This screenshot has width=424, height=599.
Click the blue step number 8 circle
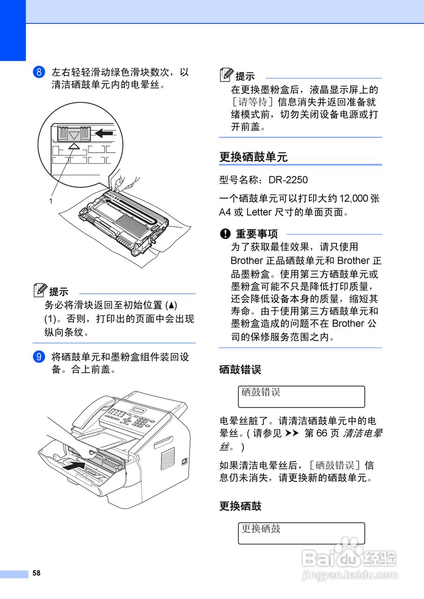tap(39, 73)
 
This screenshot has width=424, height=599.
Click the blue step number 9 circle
tap(39, 357)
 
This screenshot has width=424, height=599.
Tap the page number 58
tap(37, 573)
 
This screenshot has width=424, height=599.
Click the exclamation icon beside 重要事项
tap(226, 234)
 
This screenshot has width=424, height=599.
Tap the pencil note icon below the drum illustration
tap(41, 291)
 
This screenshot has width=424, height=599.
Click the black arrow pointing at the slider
tap(104, 134)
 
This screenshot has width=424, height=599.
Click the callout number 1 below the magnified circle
tap(50, 201)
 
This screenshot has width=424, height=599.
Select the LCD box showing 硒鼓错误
tap(301, 396)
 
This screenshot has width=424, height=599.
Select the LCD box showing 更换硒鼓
tap(301, 533)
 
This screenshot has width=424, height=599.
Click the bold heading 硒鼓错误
tap(240, 370)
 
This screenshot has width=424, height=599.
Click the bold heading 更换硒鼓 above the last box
tap(240, 506)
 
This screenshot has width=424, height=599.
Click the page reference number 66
tap(321, 433)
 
